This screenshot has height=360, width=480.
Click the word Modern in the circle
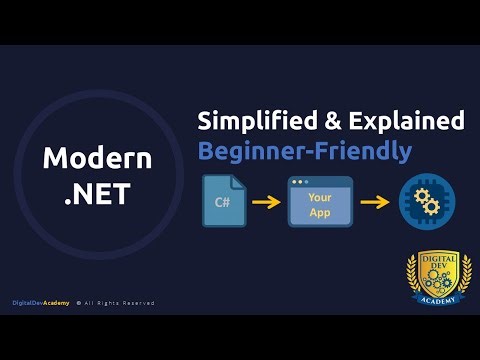click(x=97, y=158)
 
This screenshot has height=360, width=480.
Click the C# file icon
click(x=223, y=203)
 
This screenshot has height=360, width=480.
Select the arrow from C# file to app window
click(x=265, y=204)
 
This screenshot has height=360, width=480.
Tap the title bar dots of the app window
click(x=297, y=184)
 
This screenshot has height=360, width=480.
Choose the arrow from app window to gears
click(x=373, y=204)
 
